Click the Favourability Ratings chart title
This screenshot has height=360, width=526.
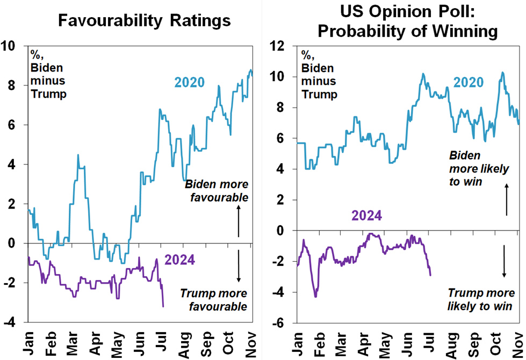[x=145, y=21]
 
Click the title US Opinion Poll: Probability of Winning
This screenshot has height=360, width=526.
[x=407, y=21]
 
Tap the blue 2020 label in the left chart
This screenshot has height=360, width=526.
[x=189, y=83]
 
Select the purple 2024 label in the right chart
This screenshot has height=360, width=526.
[x=367, y=216]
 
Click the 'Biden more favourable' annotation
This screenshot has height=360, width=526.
[x=217, y=191]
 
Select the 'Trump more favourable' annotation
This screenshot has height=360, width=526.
[x=213, y=300]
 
